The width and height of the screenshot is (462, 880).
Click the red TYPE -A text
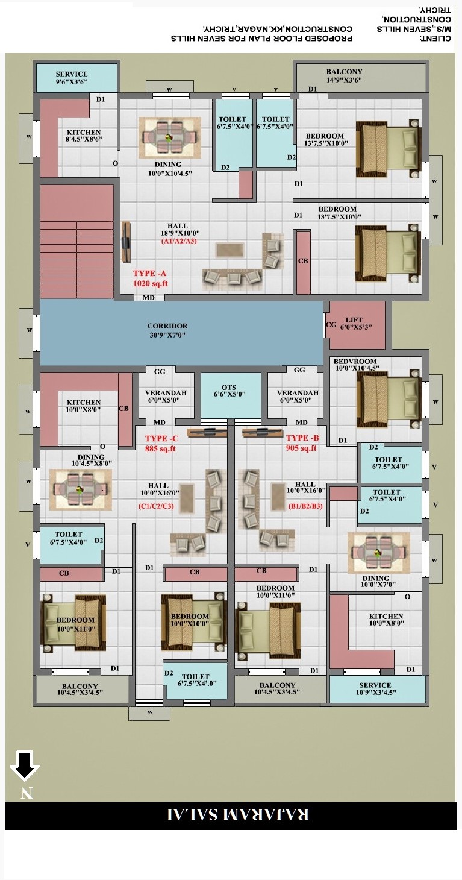(x=149, y=274)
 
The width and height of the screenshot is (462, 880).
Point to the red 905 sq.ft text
(x=301, y=448)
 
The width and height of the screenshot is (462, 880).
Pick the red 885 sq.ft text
(x=160, y=448)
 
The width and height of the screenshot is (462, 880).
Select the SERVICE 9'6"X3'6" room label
(x=72, y=77)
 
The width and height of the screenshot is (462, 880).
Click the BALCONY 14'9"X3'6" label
(x=345, y=75)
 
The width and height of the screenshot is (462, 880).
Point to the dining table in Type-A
(x=170, y=137)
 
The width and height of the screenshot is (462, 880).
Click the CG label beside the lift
(x=331, y=324)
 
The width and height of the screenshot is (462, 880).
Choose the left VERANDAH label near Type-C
(x=166, y=396)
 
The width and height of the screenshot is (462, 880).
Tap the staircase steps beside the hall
(x=77, y=259)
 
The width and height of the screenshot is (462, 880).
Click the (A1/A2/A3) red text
(x=179, y=241)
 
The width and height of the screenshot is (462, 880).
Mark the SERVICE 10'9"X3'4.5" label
(x=376, y=688)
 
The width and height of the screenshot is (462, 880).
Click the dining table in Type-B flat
(x=378, y=553)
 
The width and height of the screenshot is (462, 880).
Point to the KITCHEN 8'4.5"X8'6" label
(x=84, y=136)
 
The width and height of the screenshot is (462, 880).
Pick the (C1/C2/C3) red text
(x=156, y=506)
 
